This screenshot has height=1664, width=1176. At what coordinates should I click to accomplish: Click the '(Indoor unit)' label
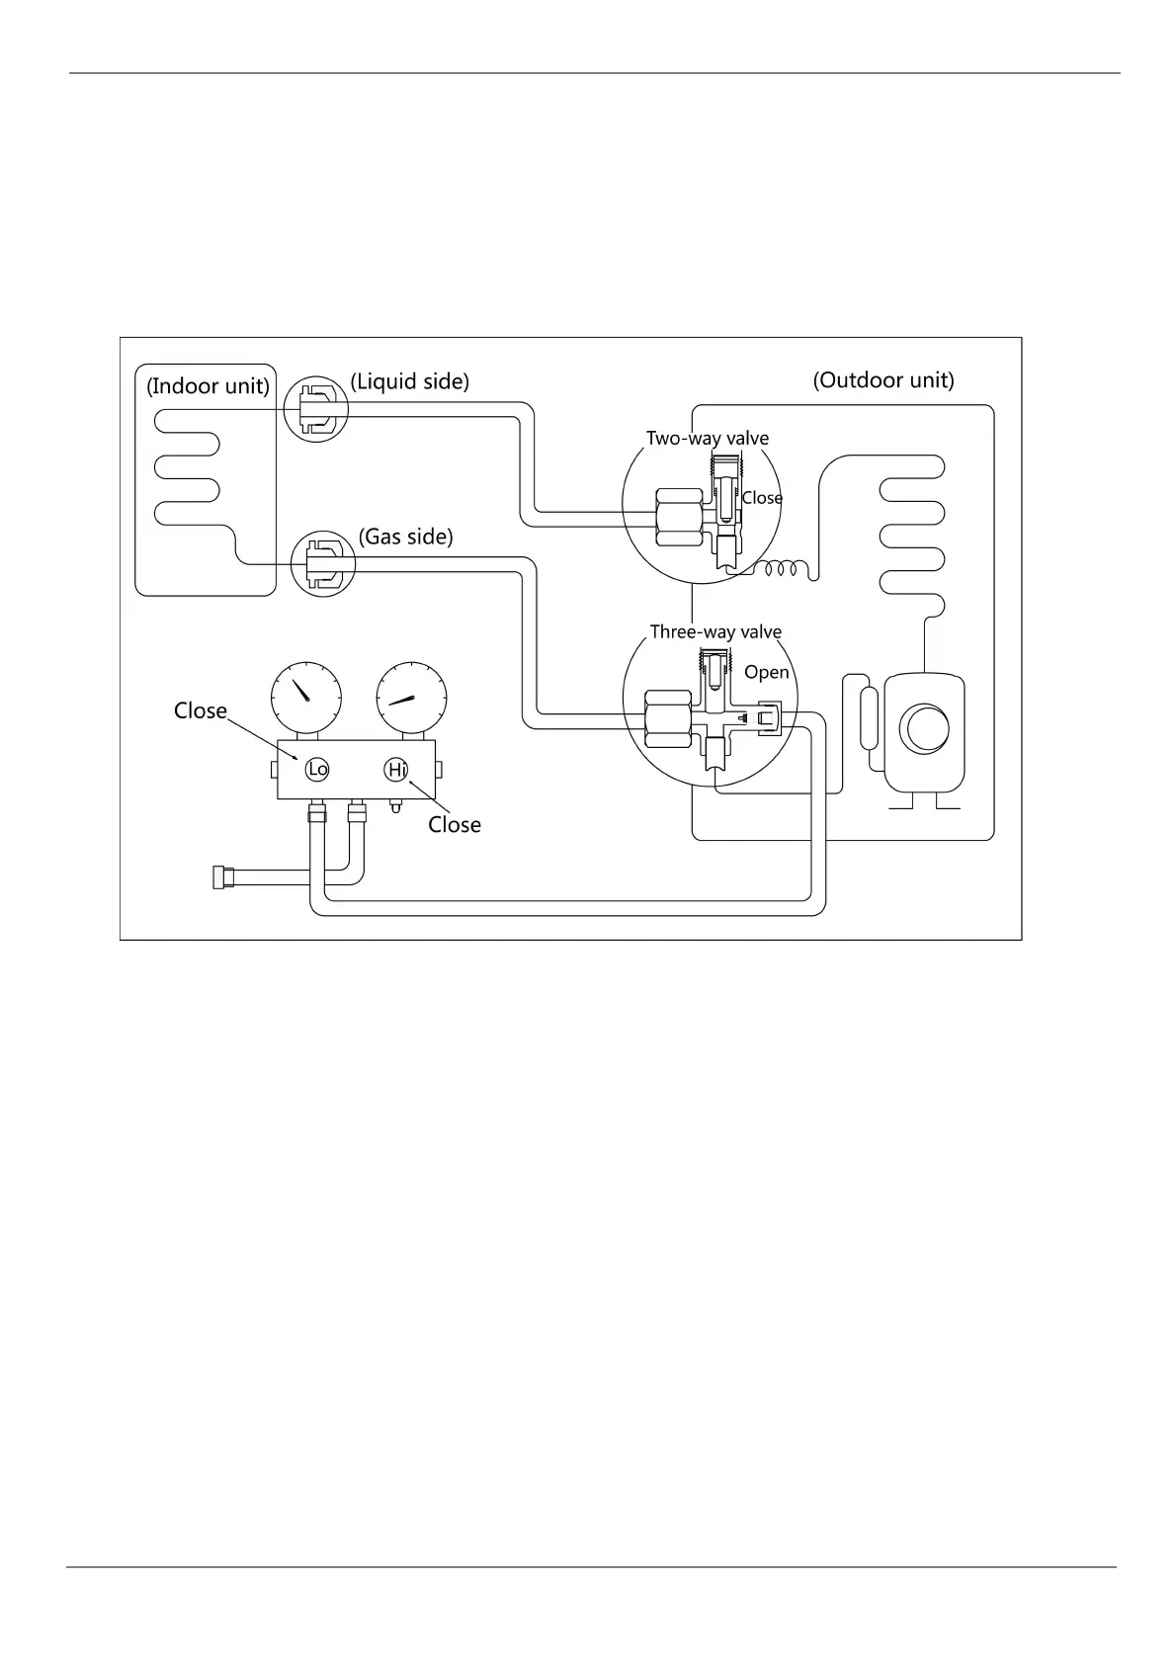tap(208, 385)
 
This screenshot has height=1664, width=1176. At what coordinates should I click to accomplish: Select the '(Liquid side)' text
tap(409, 381)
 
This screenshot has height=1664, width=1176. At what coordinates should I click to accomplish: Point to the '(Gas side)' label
tap(405, 537)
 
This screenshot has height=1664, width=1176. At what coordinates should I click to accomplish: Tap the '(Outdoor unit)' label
tap(883, 380)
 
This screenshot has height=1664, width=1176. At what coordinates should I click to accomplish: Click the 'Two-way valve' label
tap(708, 438)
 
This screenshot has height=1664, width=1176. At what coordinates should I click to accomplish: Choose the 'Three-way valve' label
tap(715, 631)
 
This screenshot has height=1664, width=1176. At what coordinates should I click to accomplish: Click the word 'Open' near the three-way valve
tap(767, 672)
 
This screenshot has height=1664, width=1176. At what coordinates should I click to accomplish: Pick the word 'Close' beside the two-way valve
tap(762, 498)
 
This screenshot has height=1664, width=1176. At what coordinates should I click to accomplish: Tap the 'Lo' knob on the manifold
tap(317, 769)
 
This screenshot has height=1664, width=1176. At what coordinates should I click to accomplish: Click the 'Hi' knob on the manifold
tap(396, 769)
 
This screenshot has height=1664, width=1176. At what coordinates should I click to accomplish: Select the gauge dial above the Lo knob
tap(305, 697)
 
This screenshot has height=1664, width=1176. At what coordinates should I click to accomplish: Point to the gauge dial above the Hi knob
tap(411, 697)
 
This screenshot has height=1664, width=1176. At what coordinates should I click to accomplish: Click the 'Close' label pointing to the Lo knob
tap(201, 710)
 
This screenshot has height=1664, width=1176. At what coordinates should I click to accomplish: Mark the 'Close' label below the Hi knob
tap(455, 824)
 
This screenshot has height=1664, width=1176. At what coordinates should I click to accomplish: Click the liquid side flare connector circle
tap(316, 408)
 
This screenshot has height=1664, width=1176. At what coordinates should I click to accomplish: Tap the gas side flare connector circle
tap(324, 564)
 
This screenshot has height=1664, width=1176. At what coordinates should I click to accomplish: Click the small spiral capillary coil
tap(784, 569)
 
